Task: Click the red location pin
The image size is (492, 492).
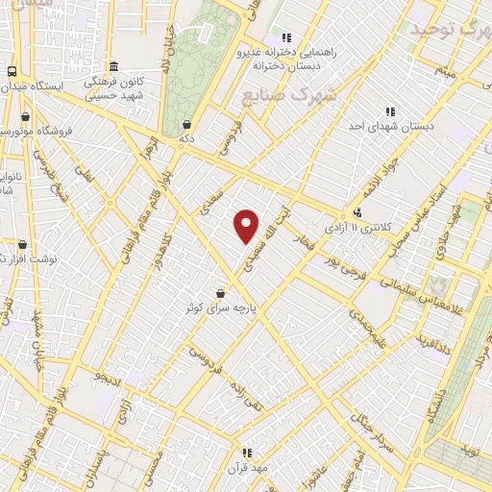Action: tap(247, 225)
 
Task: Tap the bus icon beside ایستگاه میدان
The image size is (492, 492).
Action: tap(12, 71)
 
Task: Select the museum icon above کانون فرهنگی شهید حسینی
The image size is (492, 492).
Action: tap(114, 66)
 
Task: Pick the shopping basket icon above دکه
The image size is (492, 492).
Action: tap(185, 124)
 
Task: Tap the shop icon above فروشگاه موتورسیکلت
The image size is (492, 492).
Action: tap(25, 116)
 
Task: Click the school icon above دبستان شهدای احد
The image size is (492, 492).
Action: tap(389, 111)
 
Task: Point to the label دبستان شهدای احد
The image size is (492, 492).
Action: tap(390, 127)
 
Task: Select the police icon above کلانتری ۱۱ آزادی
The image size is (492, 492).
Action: tap(357, 212)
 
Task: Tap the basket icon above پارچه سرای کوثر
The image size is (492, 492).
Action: tap(222, 293)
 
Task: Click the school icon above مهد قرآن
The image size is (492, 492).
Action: tap(247, 453)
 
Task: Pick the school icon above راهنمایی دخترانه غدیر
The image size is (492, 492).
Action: tap(286, 37)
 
